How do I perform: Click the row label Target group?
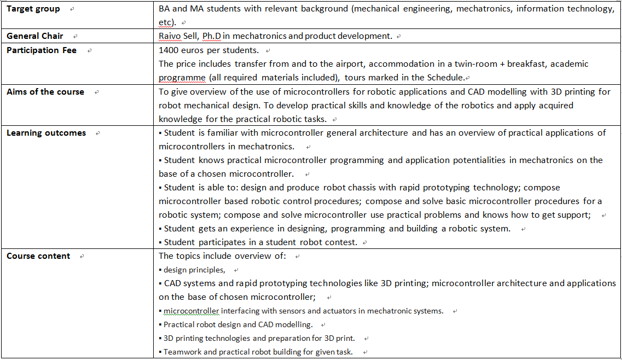[x=33, y=9]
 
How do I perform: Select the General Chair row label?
[x=34, y=36]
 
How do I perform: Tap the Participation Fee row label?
[x=42, y=50]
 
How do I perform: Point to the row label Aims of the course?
[x=45, y=92]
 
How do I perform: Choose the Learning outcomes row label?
[x=46, y=133]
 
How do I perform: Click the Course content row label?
[x=38, y=256]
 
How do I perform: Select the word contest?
[x=342, y=242]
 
